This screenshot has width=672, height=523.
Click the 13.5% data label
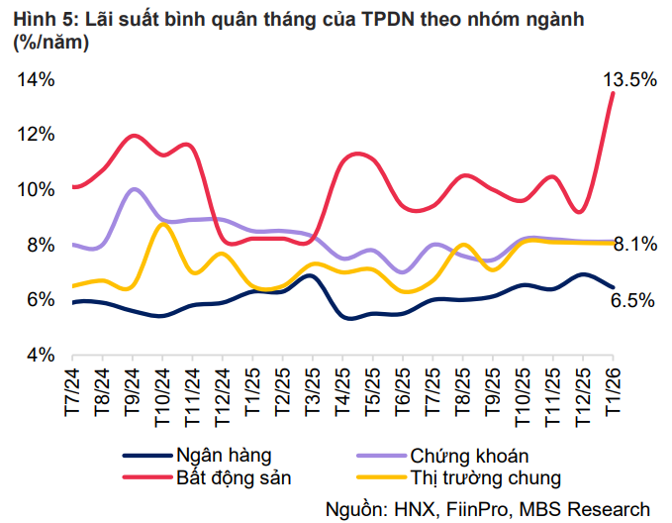[629, 80]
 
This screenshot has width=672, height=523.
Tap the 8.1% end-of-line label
[635, 244]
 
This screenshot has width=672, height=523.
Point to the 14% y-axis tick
[36, 80]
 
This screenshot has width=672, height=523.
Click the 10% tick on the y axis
[36, 189]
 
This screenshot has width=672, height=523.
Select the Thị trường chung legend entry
[485, 477]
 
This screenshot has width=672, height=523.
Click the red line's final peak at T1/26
[614, 93]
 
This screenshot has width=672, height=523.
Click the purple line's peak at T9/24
[134, 188]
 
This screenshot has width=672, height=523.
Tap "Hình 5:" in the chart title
[42, 18]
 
